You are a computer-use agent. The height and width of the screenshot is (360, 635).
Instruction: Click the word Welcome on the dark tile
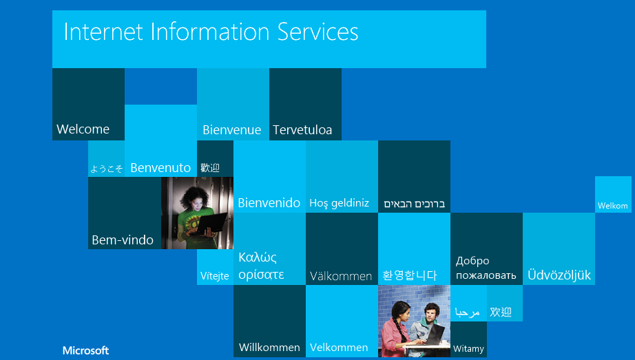pos(83,129)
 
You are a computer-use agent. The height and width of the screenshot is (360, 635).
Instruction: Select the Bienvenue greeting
pos(231,129)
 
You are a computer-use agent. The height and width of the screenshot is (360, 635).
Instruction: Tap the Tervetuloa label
pos(302,129)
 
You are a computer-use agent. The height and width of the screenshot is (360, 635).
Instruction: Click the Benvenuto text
pos(160,168)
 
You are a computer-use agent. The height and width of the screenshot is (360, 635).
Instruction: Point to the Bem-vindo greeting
pos(123,240)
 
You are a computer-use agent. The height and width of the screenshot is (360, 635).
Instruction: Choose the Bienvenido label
pos(269,202)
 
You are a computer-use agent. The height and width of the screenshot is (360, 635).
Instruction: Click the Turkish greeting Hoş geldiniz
pos(340,203)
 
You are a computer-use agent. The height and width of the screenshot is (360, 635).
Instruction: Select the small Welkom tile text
pos(613,206)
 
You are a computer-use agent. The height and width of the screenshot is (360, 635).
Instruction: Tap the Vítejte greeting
pos(215,276)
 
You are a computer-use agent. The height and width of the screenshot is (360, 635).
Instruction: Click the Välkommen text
pos(341,276)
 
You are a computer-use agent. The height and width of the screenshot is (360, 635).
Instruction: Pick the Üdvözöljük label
pos(559,275)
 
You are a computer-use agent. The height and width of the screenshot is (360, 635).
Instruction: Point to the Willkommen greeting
pos(269,348)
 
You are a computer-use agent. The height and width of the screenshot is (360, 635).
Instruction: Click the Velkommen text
pos(339,348)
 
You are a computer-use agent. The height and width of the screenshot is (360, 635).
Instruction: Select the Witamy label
pos(468,349)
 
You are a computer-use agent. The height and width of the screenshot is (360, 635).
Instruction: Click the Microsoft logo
pos(86,350)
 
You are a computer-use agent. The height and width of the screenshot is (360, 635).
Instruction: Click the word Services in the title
pos(318,32)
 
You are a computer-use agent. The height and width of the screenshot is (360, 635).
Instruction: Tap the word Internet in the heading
pos(103,32)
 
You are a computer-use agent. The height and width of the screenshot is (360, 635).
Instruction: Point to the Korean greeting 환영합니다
pos(409,275)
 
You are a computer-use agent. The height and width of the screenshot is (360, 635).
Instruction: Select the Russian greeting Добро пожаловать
pos(486,268)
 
